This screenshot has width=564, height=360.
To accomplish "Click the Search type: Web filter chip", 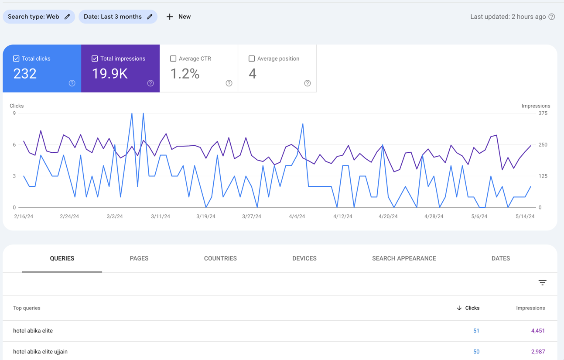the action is click(x=39, y=17).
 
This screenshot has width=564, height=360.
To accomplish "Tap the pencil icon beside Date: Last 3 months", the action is click(x=150, y=17).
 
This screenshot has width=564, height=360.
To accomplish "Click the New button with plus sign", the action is click(x=178, y=17).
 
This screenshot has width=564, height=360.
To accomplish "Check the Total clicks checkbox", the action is click(x=16, y=58).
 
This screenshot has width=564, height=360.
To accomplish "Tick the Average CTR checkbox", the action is click(x=173, y=58).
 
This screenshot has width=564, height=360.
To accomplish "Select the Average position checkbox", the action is click(x=252, y=58).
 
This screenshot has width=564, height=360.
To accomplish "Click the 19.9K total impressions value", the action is click(x=110, y=74).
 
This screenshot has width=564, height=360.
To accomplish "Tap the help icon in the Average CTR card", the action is click(x=229, y=83).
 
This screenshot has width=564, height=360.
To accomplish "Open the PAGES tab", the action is click(x=139, y=258).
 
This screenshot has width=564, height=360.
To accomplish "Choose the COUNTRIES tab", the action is click(x=220, y=258).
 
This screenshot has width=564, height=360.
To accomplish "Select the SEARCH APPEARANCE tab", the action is click(x=404, y=258).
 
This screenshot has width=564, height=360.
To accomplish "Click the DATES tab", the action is click(x=501, y=258).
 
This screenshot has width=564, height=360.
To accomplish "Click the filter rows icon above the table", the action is click(x=542, y=283).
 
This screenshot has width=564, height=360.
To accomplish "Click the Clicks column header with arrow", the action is click(x=468, y=308).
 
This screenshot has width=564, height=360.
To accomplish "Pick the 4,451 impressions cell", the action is click(x=538, y=330).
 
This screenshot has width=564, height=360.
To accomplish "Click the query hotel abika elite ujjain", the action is click(x=40, y=351).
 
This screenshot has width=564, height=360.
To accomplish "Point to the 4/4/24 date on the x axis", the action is click(x=297, y=216).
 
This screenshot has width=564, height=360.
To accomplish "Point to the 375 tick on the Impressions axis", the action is click(x=543, y=113).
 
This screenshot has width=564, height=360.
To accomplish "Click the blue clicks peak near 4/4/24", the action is click(x=303, y=124).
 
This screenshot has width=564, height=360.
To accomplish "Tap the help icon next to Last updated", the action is click(x=551, y=17).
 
